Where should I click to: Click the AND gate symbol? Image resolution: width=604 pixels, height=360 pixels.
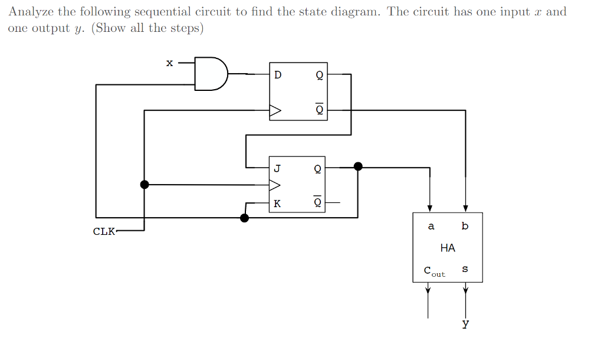tap(211, 74)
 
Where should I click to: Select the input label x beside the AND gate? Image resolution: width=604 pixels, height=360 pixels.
tap(169, 63)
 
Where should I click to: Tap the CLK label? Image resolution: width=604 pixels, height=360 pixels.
tap(104, 231)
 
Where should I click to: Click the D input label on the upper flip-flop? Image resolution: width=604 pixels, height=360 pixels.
tap(278, 75)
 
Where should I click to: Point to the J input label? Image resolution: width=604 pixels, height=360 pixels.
tap(277, 168)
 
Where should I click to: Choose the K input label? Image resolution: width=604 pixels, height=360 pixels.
tap(277, 204)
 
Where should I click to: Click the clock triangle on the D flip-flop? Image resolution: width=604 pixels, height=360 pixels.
tap(275, 110)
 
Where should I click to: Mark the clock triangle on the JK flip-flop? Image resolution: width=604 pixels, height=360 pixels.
tap(275, 185)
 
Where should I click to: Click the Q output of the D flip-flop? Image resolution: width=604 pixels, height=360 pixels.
tap(319, 75)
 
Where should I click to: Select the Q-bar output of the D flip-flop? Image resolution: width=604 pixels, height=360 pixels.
tap(319, 109)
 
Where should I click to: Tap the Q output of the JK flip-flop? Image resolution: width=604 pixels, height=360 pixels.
tap(317, 168)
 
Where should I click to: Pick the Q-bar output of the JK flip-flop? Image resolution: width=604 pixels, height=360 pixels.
tap(317, 202)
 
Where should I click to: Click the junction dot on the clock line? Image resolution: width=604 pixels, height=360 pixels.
tap(145, 185)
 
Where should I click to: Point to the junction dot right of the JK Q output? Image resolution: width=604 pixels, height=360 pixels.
tap(357, 167)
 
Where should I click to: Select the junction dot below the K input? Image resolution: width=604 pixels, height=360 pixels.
tap(245, 218)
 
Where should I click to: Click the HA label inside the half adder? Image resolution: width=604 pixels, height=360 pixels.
tap(448, 248)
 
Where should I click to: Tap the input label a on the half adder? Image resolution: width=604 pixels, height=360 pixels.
tap(431, 226)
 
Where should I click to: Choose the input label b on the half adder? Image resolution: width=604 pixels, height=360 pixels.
tap(465, 226)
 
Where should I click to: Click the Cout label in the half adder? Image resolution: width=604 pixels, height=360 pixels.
tap(434, 271)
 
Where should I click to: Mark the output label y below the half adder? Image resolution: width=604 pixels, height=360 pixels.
tap(465, 323)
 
